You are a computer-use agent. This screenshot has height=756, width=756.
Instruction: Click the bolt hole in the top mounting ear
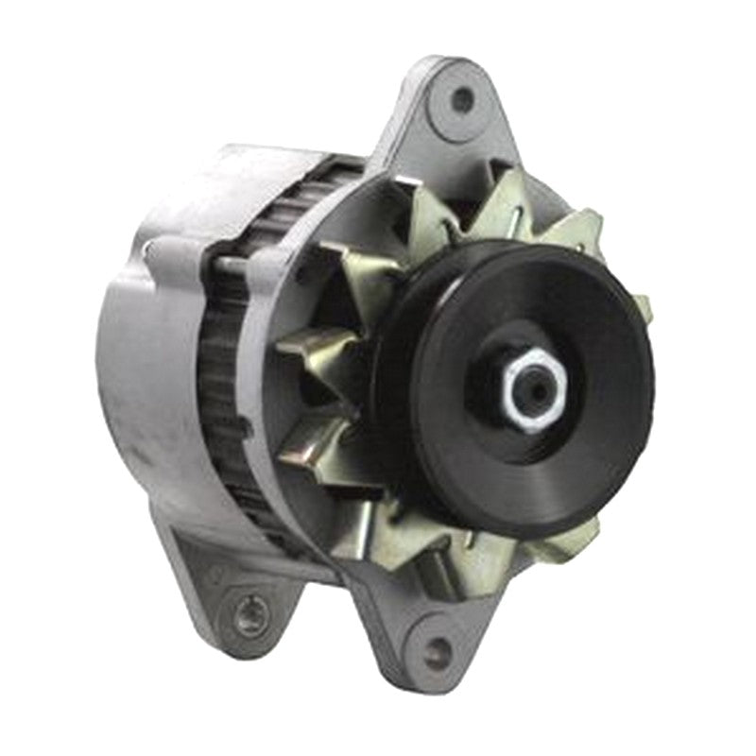pyautogui.click(x=461, y=98)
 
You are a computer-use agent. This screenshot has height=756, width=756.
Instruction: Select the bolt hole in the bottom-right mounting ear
pyautogui.click(x=436, y=652)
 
